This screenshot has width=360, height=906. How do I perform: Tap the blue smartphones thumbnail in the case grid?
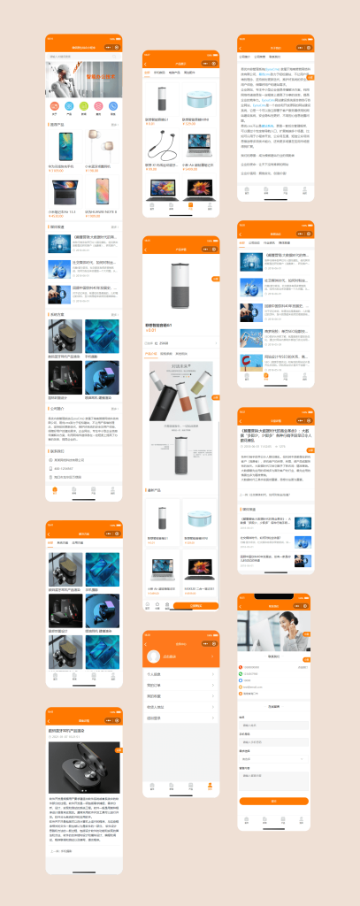(102, 338)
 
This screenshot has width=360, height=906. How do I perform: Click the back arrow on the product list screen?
(147, 64)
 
